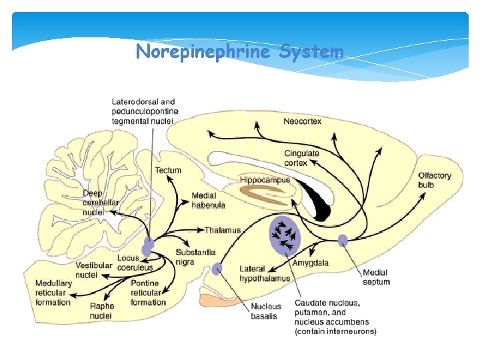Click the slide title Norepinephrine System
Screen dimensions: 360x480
pos(239,51)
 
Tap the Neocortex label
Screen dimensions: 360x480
pos(302,121)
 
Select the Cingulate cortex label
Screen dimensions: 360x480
pos(301,158)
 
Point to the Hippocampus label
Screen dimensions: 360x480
pos(265,180)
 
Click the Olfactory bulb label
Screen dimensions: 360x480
pos(435,180)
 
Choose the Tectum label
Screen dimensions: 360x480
pos(168,170)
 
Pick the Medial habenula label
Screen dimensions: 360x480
pos(208,200)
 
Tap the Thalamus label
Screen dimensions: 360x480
pos(223,231)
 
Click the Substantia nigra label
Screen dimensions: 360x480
pos(195,257)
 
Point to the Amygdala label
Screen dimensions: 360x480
pos(310,263)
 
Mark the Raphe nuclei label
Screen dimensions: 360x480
pos(101,311)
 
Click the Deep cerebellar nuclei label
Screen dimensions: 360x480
pos(101,203)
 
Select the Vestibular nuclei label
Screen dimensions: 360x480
pos(93,270)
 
